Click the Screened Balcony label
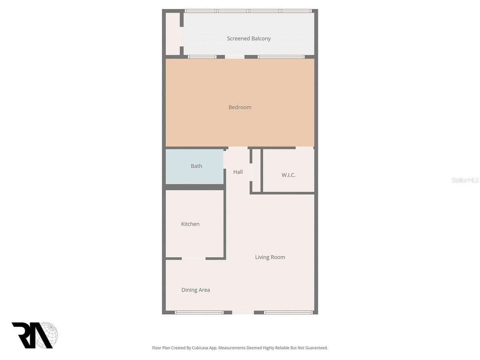click(249, 39)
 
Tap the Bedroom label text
click(240, 107)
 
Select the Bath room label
click(196, 166)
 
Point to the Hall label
click(238, 172)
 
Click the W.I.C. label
click(288, 175)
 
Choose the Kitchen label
click(190, 224)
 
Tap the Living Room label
click(270, 257)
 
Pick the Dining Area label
click(196, 290)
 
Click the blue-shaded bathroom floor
click(194, 175)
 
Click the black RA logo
click(33, 335)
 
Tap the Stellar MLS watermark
click(465, 180)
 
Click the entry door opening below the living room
click(243, 312)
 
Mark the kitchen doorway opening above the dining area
click(194, 258)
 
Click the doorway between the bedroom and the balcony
click(235, 57)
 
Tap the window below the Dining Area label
click(199, 312)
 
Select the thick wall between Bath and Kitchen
click(195, 187)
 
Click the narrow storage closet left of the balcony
click(172, 34)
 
